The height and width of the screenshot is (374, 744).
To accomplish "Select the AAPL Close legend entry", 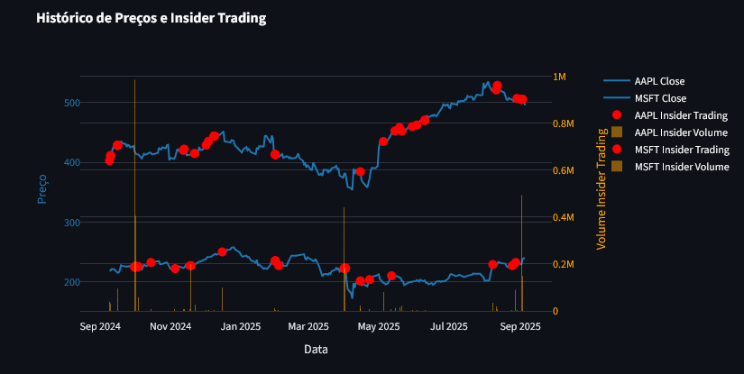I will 659,81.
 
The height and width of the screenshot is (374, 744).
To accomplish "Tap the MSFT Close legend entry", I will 660,98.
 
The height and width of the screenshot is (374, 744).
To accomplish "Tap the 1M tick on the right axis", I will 560,77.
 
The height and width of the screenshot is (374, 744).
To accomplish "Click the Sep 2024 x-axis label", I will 100,326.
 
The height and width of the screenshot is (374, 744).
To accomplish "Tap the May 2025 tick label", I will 380,326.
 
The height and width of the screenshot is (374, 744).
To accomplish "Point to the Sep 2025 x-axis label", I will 519,326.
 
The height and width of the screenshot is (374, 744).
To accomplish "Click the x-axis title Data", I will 316,349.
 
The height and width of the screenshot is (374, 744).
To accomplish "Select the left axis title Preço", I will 41,188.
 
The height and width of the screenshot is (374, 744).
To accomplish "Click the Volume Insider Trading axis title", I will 602,188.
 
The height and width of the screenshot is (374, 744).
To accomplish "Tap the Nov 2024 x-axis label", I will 170,326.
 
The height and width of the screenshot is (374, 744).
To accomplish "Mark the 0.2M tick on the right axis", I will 564,265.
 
